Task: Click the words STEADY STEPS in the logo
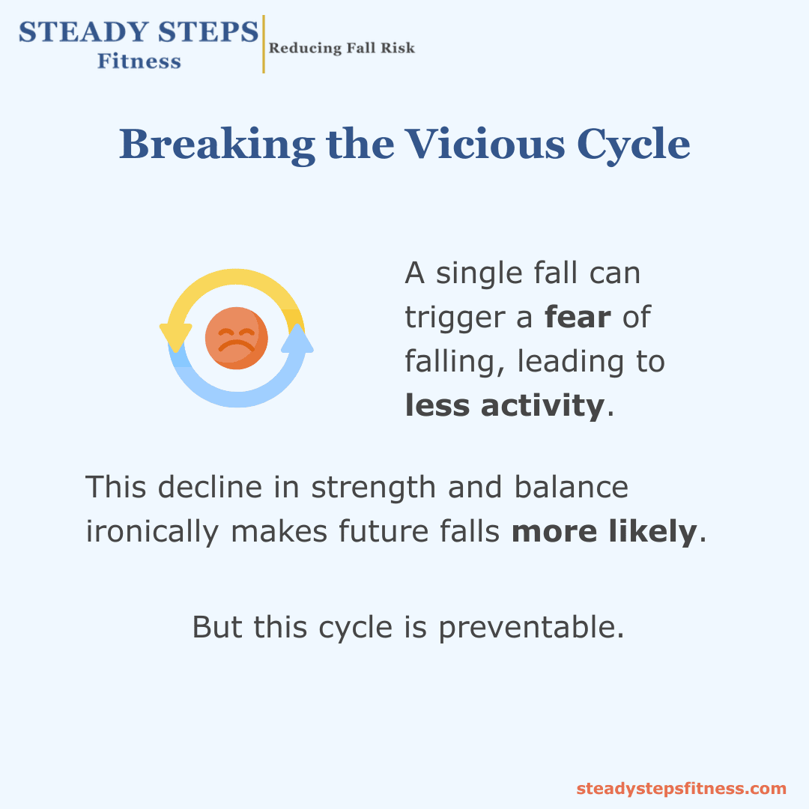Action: pos(139,32)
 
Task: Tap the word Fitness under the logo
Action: pos(139,61)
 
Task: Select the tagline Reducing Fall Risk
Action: pos(342,48)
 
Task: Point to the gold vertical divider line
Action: pos(264,44)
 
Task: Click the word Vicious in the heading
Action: pos(485,144)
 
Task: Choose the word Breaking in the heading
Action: pos(217,145)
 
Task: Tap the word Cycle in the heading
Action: pos(633,145)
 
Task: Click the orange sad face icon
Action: pos(236,338)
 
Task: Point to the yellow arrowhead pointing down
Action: pos(175,337)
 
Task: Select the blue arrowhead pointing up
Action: pos(297,339)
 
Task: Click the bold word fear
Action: pos(578,317)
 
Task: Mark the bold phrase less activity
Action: pos(505,405)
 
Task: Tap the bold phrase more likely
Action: pos(605,531)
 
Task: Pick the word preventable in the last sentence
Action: pos(531,628)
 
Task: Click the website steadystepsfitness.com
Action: pos(681,789)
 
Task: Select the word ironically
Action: pos(152,531)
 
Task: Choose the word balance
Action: pos(571,487)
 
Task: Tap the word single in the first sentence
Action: pos(479,273)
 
